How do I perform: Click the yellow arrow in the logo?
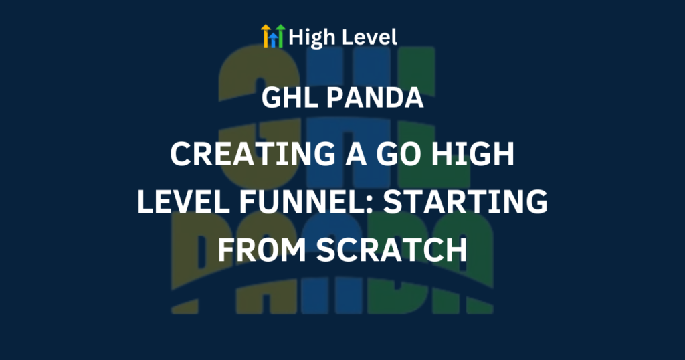pos(266,36)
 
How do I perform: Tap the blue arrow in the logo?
pos(273,39)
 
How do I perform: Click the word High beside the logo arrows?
pos(312,37)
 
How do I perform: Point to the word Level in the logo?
pos(369,37)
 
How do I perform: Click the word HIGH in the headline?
pos(472,154)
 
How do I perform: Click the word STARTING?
pos(466,202)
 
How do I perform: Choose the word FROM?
pos(263,250)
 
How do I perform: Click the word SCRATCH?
pos(391,250)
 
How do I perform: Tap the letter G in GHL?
pos(272,98)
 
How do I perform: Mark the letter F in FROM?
pos(225,250)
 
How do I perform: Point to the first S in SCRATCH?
pos(326,250)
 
